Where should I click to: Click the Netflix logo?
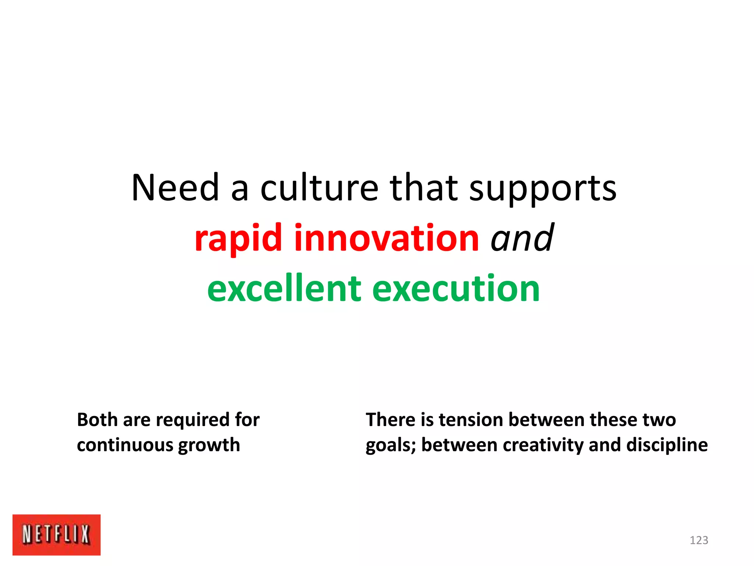click(56, 534)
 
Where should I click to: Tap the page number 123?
click(699, 540)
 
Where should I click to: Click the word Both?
click(97, 420)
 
